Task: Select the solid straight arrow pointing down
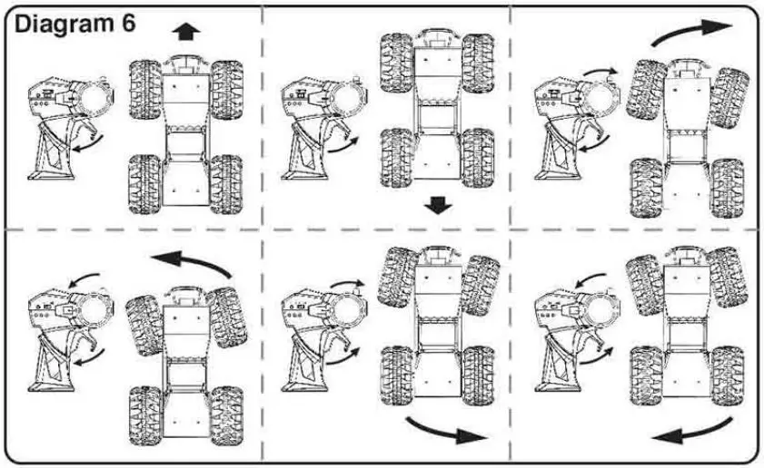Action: click(x=438, y=207)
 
